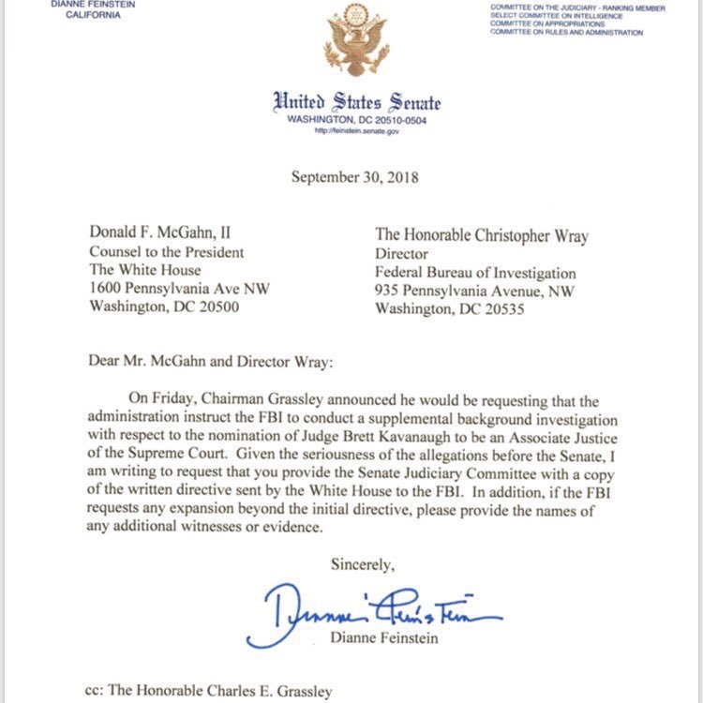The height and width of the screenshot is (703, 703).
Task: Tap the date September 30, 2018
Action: (x=355, y=176)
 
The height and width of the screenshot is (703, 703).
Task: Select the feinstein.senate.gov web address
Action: (x=355, y=131)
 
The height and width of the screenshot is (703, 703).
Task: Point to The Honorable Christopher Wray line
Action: (x=481, y=235)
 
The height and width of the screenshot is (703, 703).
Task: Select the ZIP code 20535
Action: (x=508, y=307)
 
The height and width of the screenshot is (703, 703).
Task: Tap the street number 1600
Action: (x=106, y=289)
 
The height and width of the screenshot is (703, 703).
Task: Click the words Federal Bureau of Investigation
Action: (x=475, y=272)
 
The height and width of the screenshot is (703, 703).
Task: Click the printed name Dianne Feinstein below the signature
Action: (x=385, y=639)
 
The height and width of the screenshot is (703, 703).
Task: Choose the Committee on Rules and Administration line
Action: (x=567, y=33)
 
